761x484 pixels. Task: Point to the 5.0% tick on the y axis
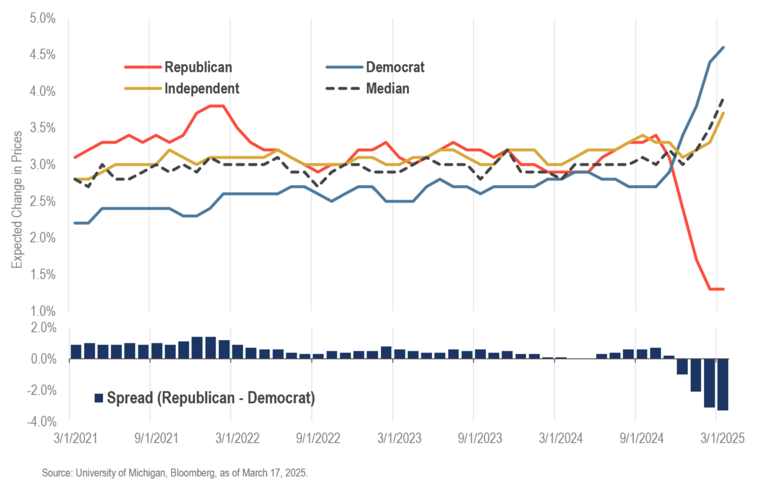[x=42, y=18]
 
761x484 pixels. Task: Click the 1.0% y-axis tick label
[x=42, y=311]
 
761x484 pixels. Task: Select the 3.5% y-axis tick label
[x=42, y=128]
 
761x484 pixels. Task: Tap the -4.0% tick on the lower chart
[x=41, y=422]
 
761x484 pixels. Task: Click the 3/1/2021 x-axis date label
[x=75, y=438]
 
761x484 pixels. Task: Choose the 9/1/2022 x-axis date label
[x=318, y=438]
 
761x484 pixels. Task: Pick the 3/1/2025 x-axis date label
[x=722, y=438]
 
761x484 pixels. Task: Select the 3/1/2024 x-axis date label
[x=561, y=438]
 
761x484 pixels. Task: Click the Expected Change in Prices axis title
[x=17, y=200]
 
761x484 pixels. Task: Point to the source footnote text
[x=175, y=473]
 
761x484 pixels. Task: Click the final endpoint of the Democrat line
[x=723, y=48]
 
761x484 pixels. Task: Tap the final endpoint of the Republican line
[x=723, y=289]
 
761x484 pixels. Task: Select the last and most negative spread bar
[x=723, y=384]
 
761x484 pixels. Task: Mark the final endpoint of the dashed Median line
[x=723, y=99]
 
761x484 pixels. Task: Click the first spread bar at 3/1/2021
[x=76, y=352]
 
